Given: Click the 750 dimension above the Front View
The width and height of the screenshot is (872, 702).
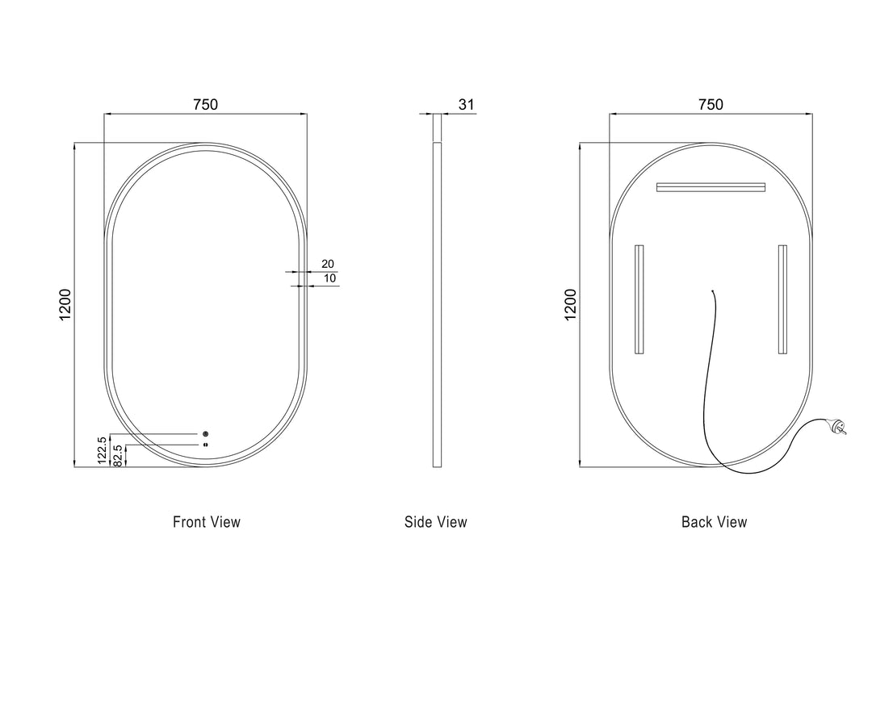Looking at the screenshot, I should click(205, 104).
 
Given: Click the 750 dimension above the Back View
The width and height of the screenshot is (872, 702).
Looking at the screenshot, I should click(711, 104).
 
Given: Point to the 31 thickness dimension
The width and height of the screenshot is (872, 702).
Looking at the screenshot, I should click(466, 104).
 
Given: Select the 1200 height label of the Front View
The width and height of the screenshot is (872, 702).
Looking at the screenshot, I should click(65, 304).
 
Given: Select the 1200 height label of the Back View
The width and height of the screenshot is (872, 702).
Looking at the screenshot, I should click(571, 304).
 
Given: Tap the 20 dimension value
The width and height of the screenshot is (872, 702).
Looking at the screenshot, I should click(328, 264).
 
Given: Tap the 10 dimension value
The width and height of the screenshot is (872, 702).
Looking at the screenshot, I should click(329, 278).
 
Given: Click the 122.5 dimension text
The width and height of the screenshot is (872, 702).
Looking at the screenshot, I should click(102, 451).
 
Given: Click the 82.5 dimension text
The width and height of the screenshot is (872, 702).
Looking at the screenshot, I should click(119, 456).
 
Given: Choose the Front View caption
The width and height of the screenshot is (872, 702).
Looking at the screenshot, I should click(207, 522).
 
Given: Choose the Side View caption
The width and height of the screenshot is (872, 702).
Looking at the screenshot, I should click(436, 522).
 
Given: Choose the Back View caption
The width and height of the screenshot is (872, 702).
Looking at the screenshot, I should click(715, 522).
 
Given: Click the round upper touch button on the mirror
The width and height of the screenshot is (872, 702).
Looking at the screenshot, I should click(206, 434).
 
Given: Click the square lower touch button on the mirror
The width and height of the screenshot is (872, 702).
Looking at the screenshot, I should click(206, 444).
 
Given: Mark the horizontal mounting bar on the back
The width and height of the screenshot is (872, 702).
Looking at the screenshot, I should click(711, 187).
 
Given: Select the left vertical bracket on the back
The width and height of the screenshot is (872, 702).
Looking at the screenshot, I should click(639, 299).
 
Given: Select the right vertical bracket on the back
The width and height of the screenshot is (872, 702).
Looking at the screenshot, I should click(782, 299).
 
